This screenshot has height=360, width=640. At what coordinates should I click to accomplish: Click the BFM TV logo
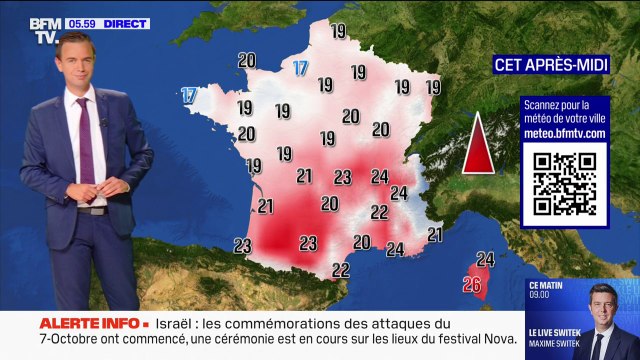pyautogui.click(x=44, y=30)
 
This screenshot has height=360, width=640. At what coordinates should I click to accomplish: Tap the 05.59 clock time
pyautogui.click(x=82, y=23)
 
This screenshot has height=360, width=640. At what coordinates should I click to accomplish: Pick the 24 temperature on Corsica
pyautogui.click(x=486, y=259)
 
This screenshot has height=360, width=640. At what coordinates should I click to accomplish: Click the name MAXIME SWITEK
pyautogui.click(x=558, y=349)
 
